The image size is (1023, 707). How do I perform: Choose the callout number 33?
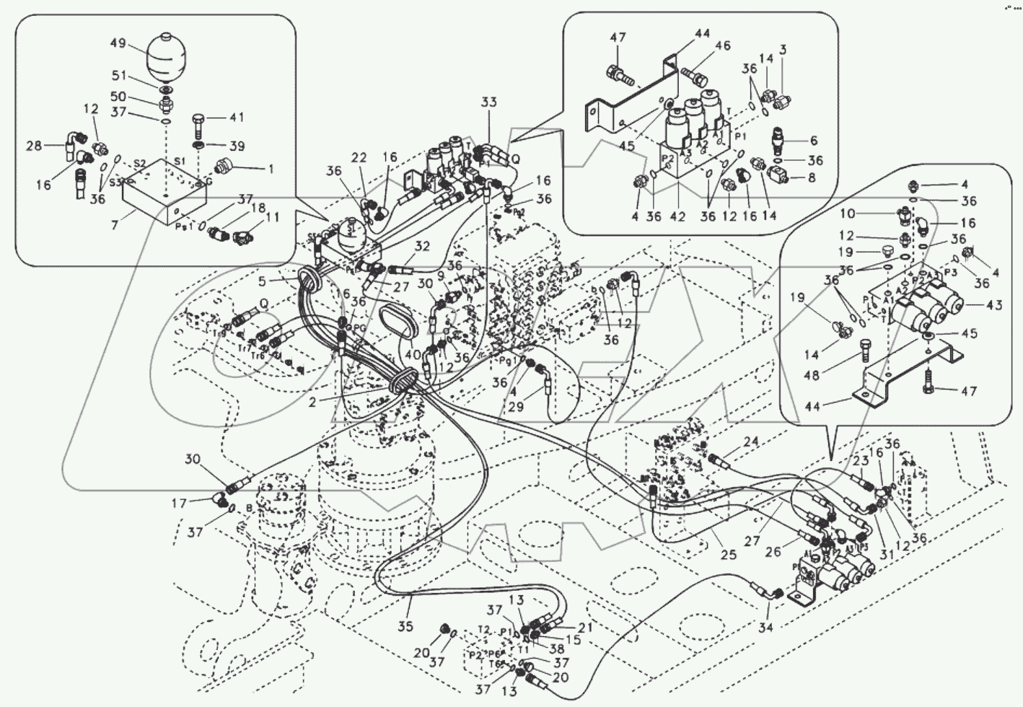click(489, 103)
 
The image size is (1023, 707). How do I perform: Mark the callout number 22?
click(359, 159)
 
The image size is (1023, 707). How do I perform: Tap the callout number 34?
click(765, 628)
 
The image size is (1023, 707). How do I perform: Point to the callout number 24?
click(751, 442)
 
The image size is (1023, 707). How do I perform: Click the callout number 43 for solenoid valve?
click(994, 305)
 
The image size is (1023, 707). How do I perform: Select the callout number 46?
click(723, 46)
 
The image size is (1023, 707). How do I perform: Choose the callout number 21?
click(585, 628)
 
